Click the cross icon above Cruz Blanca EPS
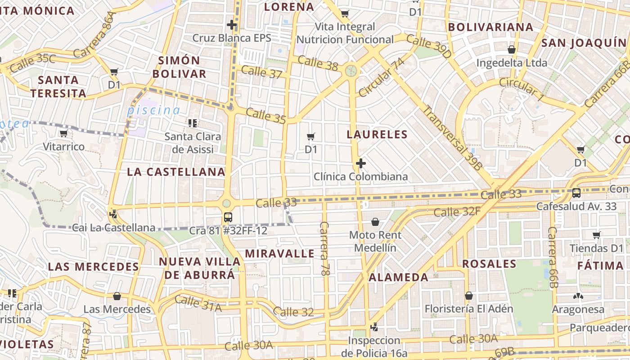click(232, 25)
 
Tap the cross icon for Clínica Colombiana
click(361, 163)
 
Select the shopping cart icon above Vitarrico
click(63, 133)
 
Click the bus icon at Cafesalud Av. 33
click(576, 193)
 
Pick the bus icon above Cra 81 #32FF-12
click(228, 217)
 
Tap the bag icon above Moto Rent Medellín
click(375, 222)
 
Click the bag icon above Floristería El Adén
click(469, 296)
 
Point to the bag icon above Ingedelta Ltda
click(512, 49)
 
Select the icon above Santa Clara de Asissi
click(193, 123)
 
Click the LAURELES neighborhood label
click(377, 134)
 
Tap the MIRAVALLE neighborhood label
click(280, 253)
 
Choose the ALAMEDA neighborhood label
click(399, 277)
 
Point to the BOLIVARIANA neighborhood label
click(490, 27)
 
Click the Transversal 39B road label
click(453, 137)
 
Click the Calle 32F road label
click(457, 211)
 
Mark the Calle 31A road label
click(198, 303)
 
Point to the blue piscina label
click(153, 110)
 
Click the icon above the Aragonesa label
click(578, 296)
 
